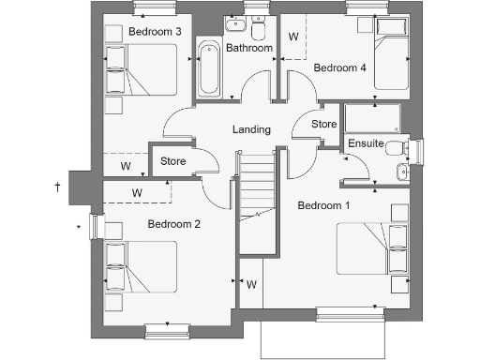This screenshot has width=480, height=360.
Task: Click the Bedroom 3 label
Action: click(x=155, y=32)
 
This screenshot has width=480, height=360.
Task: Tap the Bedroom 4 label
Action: click(x=339, y=67)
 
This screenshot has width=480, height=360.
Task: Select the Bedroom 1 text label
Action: click(x=323, y=204)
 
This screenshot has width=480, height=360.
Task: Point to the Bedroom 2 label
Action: click(x=174, y=224)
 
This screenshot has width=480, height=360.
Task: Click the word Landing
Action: click(x=251, y=129)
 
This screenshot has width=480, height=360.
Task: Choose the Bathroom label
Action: click(x=248, y=48)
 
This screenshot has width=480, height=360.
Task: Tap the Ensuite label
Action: click(x=365, y=143)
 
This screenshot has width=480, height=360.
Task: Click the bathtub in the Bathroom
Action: click(x=208, y=67)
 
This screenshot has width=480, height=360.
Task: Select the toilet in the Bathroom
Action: click(x=258, y=26)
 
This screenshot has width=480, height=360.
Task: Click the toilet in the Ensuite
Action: click(x=397, y=147)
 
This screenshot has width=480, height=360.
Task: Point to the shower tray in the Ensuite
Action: click(x=372, y=118)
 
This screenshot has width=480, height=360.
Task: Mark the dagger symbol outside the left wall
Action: click(x=58, y=188)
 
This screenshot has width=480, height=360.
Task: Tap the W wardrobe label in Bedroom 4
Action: click(x=293, y=37)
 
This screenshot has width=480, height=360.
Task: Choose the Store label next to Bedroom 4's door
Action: click(x=323, y=124)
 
